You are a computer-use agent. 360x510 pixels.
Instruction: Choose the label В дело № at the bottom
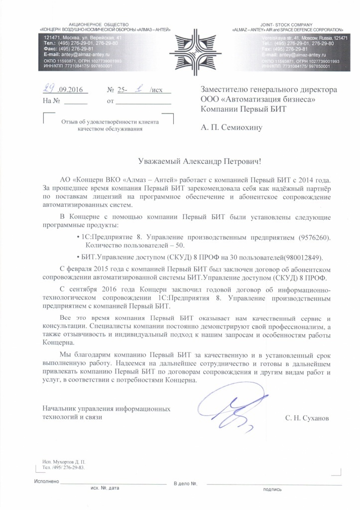[x=186, y=484]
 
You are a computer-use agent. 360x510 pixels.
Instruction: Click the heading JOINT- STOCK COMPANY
[x=286, y=24]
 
